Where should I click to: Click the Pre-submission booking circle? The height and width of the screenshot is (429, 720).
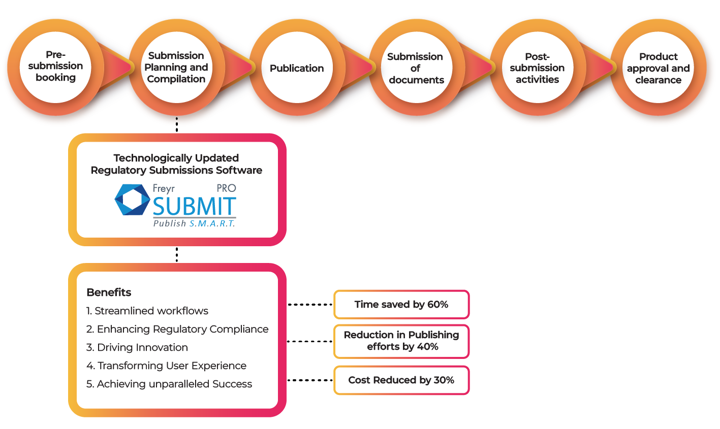(55, 67)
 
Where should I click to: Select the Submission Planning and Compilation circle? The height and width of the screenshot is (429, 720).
(176, 68)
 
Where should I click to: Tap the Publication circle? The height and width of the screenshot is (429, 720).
(297, 68)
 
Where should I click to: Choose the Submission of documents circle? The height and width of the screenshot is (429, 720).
(416, 68)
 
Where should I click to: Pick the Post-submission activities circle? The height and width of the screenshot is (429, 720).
(537, 68)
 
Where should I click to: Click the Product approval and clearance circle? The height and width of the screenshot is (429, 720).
(658, 68)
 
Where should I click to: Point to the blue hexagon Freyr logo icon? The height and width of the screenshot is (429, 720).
(132, 200)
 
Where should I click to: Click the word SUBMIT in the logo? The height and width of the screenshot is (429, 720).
(195, 207)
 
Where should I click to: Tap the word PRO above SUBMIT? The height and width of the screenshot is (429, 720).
(226, 188)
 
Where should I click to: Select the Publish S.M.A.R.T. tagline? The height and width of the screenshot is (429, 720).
(194, 223)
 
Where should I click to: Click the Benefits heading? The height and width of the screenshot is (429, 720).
(109, 292)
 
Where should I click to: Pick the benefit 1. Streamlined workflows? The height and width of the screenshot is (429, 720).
(147, 311)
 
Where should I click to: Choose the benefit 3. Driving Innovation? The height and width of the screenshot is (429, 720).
(137, 347)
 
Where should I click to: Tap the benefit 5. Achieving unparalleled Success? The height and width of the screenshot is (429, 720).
(169, 384)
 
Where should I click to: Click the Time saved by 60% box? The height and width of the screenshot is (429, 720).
(401, 305)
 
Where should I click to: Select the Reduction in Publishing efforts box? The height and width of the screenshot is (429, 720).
(401, 341)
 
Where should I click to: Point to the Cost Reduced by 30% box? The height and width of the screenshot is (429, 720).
(401, 380)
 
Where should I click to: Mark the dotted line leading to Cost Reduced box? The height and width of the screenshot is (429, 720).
(310, 380)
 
